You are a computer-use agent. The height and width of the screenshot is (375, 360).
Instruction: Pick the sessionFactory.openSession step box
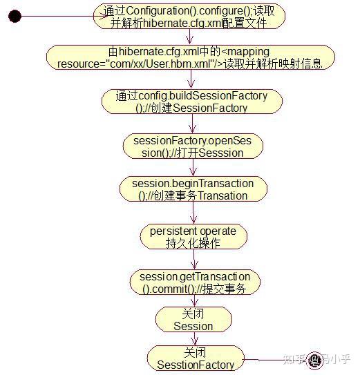(x=193, y=146)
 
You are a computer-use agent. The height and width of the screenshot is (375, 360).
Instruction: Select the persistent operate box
(x=193, y=236)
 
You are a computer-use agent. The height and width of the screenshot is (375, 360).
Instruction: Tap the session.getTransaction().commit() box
(x=193, y=282)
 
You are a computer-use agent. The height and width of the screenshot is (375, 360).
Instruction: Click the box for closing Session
(x=193, y=320)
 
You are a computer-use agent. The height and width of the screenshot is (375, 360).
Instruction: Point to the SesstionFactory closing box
(x=195, y=358)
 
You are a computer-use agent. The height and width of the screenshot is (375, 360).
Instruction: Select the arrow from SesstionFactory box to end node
(x=273, y=359)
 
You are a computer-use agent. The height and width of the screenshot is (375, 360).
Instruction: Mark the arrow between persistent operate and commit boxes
(x=193, y=258)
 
